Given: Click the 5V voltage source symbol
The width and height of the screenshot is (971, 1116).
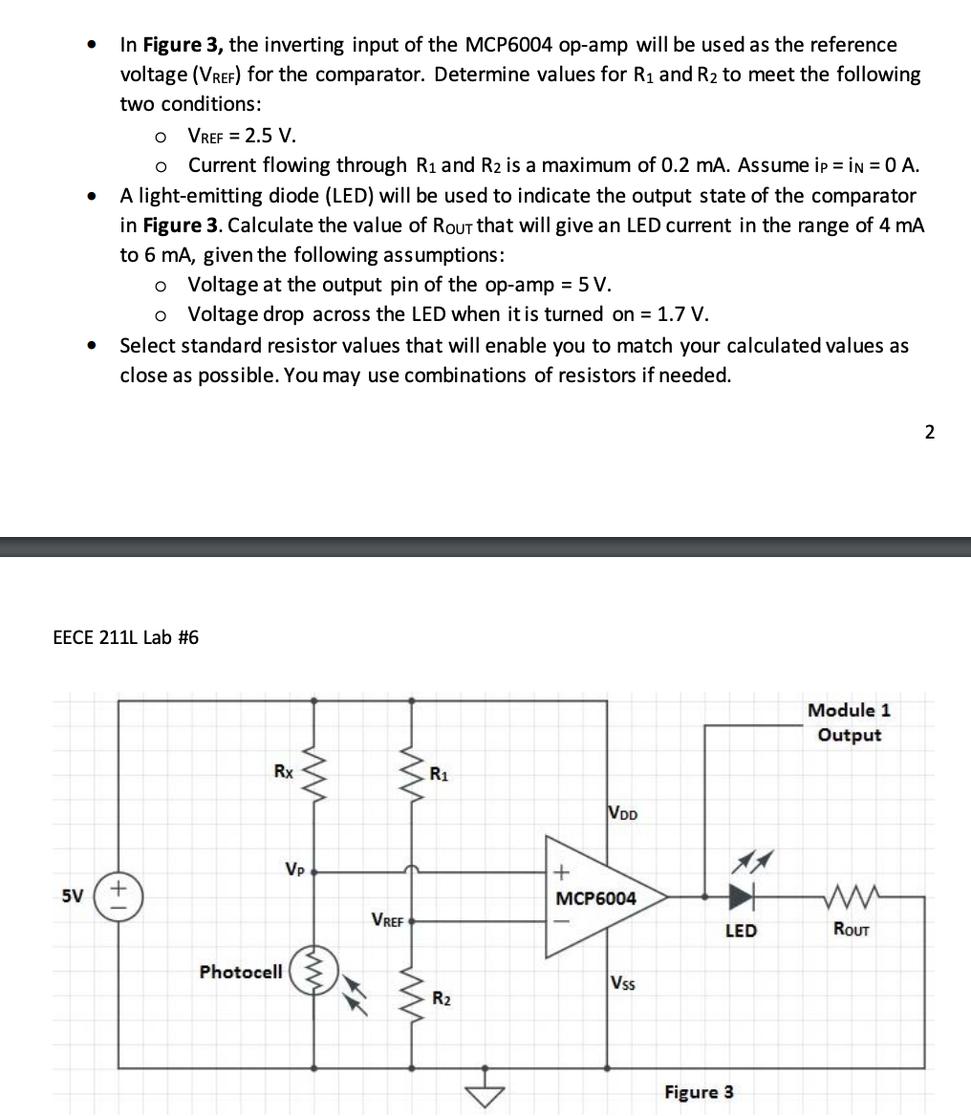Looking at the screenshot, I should [119, 897].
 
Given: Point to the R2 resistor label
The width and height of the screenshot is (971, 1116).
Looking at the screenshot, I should [441, 999].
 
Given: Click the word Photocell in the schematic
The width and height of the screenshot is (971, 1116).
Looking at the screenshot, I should [241, 972].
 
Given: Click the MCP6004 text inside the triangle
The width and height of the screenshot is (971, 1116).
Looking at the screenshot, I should [595, 899].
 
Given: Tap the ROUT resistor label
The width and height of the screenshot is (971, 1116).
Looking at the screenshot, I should [850, 929].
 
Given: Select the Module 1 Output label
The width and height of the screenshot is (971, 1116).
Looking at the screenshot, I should [849, 722].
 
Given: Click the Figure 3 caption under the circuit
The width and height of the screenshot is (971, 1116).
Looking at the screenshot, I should [700, 1091].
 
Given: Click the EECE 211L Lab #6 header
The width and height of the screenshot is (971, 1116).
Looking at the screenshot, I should [125, 637].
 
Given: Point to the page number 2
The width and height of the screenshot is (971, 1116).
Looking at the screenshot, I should [930, 432].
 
